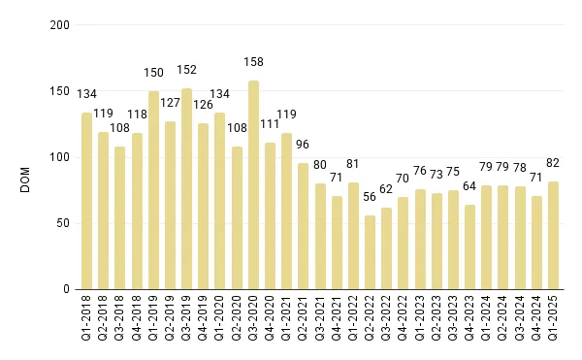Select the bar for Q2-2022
(370, 252)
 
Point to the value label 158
(253, 70)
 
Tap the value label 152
(186, 70)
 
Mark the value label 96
(303, 144)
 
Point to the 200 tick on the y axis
(60, 25)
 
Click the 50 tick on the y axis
(63, 223)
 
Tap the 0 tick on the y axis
(66, 289)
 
